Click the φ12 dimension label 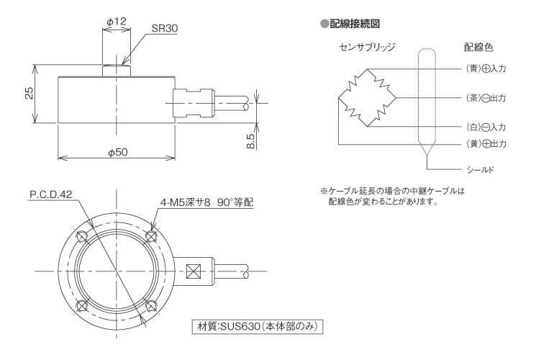(x=116, y=22)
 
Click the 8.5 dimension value (x=250, y=138)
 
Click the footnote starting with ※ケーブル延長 (x=394, y=195)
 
